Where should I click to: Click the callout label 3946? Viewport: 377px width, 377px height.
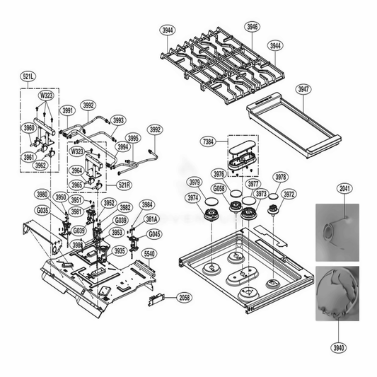tap(253, 27)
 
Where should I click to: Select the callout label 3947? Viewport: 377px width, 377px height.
tap(303, 89)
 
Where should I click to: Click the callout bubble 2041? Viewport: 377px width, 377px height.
tap(345, 190)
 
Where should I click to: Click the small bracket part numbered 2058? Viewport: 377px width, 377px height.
tap(156, 300)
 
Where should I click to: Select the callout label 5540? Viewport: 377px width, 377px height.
tap(150, 253)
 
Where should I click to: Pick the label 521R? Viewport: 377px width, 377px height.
tap(124, 185)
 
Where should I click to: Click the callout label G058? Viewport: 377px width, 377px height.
tap(219, 189)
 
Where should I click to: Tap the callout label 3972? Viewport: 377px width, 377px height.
tap(289, 193)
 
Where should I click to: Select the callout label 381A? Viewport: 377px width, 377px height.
tap(152, 219)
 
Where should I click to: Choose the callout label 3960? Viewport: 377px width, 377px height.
tap(28, 128)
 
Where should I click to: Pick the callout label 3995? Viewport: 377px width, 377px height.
tap(133, 138)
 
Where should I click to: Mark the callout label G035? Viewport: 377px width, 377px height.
tap(42, 210)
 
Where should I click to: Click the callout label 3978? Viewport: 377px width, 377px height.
tap(281, 177)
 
